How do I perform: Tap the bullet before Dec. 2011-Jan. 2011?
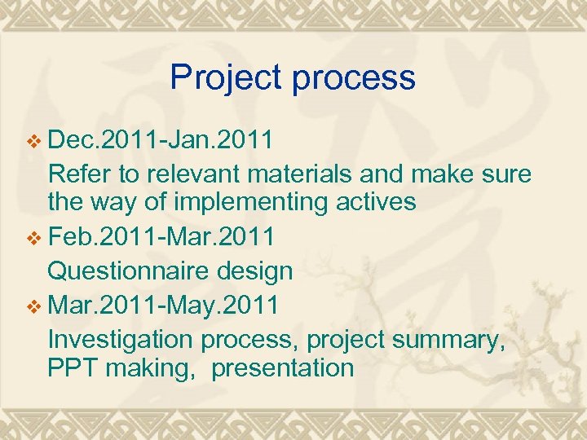[33, 142]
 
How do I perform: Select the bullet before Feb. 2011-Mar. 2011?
[33, 239]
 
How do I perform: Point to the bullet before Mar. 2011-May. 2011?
[33, 306]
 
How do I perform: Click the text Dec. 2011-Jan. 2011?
[161, 141]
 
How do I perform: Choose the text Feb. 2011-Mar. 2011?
[161, 238]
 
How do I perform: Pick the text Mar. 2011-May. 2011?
[163, 305]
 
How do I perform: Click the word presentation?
[283, 368]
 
